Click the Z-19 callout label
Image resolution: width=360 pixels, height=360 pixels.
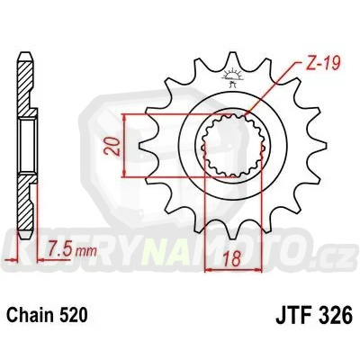311,64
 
